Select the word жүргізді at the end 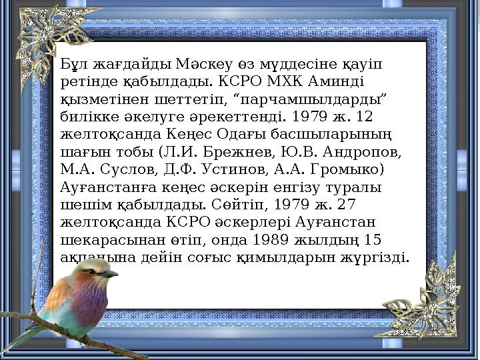tap(381, 256)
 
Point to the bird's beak tap(110, 273)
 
